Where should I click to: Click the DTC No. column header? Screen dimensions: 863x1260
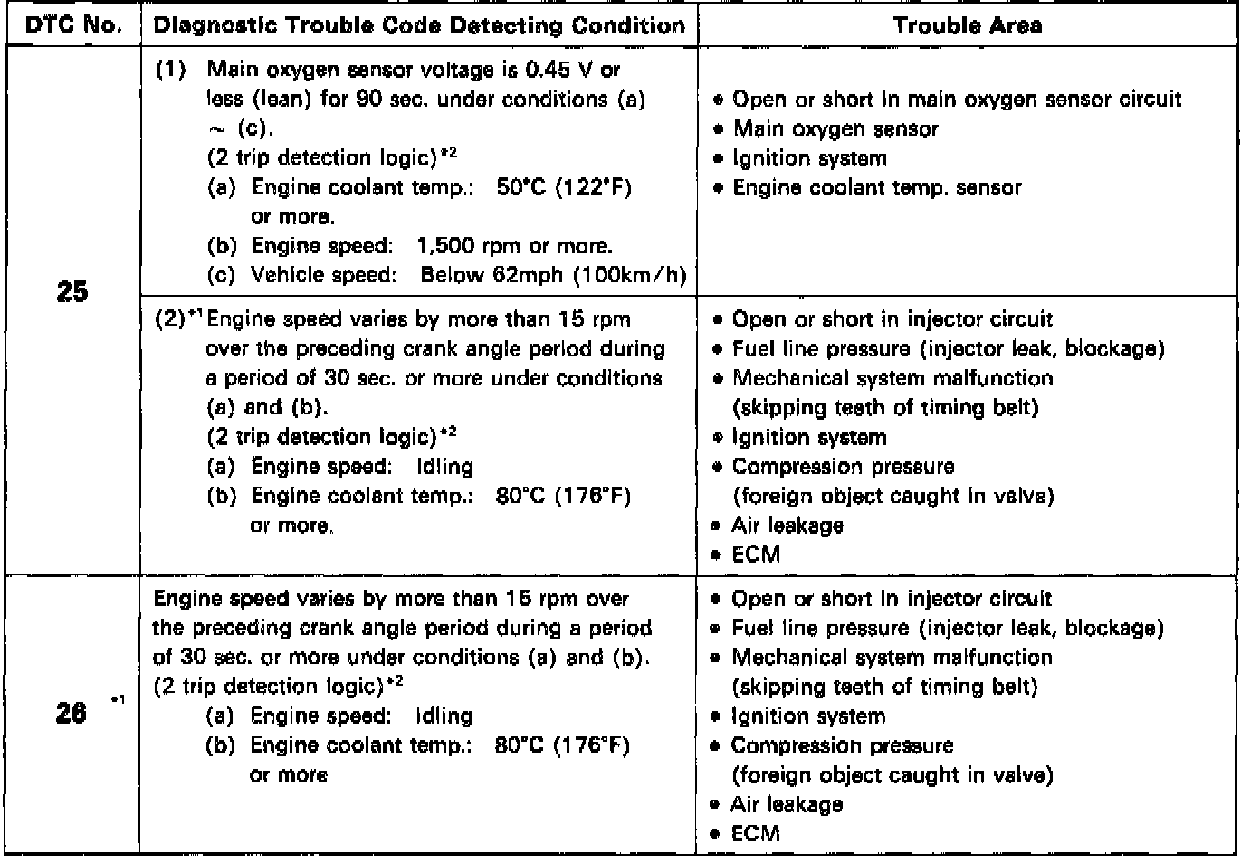click(x=72, y=24)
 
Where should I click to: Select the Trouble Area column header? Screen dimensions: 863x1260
click(x=967, y=24)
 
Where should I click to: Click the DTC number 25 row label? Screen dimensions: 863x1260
click(x=72, y=292)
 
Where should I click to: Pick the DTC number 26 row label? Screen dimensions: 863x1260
click(x=72, y=714)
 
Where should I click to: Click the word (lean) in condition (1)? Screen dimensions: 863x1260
click(x=281, y=99)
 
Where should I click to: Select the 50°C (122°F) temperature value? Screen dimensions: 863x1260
click(x=564, y=187)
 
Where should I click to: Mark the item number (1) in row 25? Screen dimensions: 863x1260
click(x=171, y=70)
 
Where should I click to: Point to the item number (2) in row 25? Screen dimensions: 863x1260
click(x=171, y=319)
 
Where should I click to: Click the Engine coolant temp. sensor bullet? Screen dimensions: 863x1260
click(x=876, y=187)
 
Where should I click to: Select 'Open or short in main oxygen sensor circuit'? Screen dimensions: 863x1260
click(x=956, y=99)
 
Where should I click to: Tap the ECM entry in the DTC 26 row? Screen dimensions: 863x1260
click(x=755, y=833)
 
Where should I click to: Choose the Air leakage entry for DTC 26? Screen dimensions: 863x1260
click(x=786, y=804)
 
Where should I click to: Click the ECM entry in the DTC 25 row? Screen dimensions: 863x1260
click(x=756, y=555)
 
